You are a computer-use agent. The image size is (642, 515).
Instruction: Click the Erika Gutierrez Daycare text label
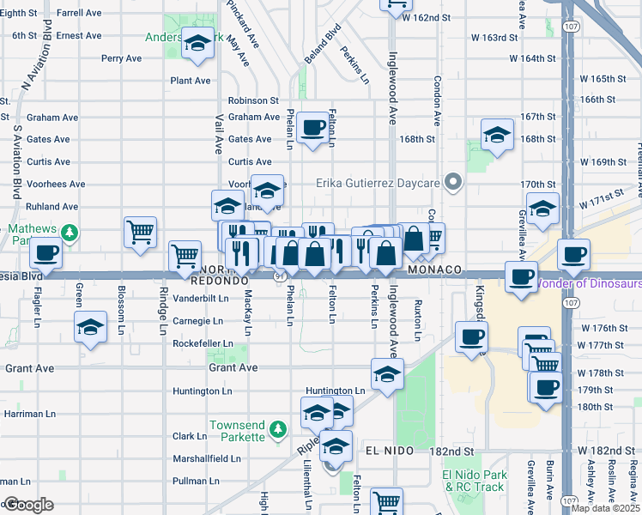coord(378,183)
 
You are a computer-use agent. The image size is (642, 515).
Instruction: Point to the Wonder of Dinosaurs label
coord(588,283)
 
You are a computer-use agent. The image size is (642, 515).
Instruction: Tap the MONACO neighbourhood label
coord(435,270)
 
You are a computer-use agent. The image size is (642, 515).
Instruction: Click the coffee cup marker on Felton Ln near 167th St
coord(314,127)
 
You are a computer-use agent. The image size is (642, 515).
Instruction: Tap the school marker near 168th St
coord(497,136)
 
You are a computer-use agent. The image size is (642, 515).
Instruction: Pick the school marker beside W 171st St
coord(542,209)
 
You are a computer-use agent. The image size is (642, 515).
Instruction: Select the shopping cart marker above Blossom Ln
coord(140,231)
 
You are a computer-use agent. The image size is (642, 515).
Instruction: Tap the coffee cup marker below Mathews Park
coord(46,253)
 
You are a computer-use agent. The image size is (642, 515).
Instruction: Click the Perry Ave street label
coord(121,58)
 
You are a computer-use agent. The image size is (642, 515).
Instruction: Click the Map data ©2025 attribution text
coord(606,508)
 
